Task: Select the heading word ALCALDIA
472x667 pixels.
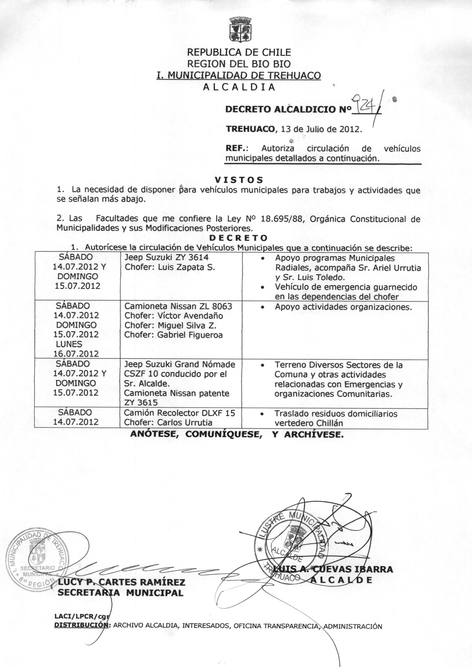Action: pos(239,87)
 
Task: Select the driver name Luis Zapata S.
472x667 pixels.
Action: pos(186,267)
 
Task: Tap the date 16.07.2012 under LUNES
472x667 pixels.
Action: pos(76,354)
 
